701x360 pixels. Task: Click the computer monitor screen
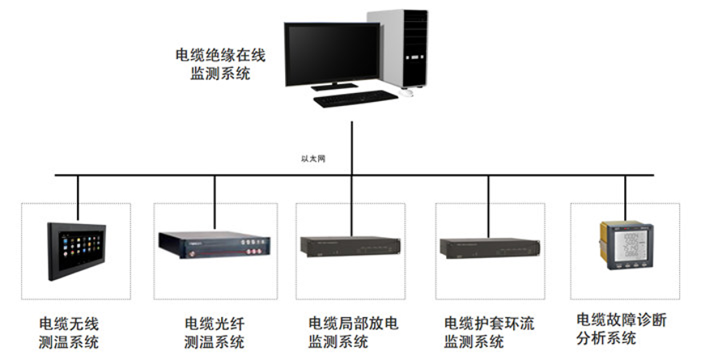(x=331, y=53)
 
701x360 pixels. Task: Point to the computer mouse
(x=408, y=93)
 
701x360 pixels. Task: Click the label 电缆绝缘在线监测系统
(x=220, y=65)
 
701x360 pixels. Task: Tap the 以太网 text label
(x=312, y=159)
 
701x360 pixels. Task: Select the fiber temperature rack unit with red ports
(x=215, y=244)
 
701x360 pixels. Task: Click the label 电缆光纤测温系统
(x=214, y=333)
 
